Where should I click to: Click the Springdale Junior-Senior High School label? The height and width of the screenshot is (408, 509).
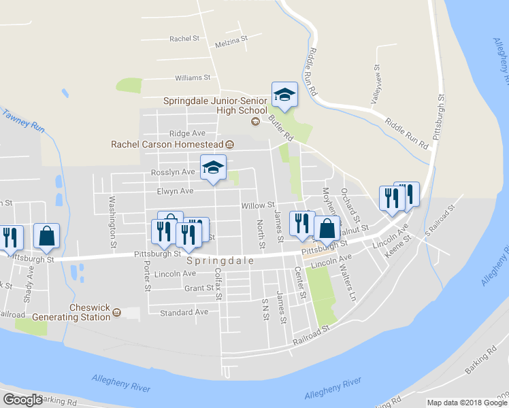click(x=215, y=105)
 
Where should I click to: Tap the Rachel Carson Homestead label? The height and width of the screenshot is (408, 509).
click(x=167, y=144)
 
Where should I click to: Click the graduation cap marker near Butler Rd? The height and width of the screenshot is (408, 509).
click(x=284, y=95)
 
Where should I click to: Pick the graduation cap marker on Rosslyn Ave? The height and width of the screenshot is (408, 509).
click(x=213, y=168)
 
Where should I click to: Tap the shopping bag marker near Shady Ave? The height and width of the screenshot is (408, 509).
click(x=47, y=235)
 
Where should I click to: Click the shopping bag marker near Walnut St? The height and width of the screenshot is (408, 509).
click(x=327, y=230)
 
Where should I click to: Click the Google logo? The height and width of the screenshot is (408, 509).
click(x=23, y=400)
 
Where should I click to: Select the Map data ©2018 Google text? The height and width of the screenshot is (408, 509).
click(x=466, y=403)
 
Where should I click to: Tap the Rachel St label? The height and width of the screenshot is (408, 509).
click(x=184, y=39)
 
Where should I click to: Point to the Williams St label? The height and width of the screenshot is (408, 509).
click(x=193, y=78)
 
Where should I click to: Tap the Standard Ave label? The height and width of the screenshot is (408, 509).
click(x=184, y=312)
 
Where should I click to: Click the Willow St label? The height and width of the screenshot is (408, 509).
click(x=257, y=205)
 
